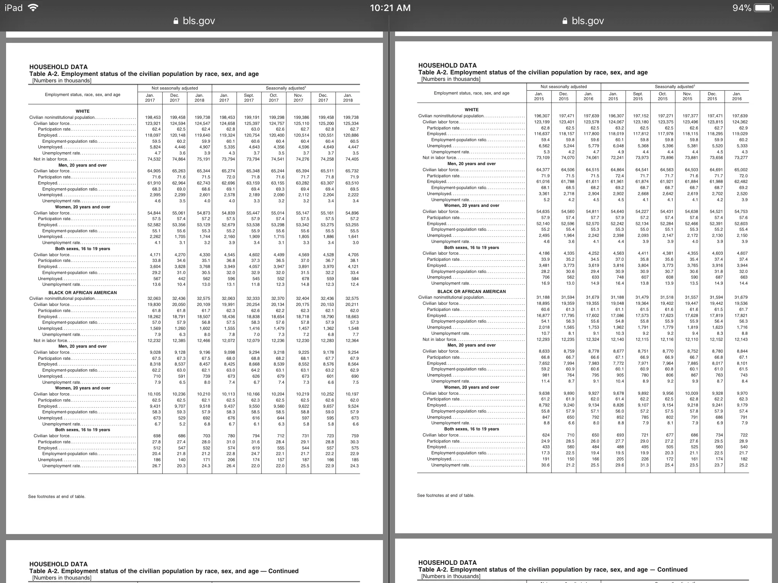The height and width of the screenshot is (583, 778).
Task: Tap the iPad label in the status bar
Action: tap(14, 8)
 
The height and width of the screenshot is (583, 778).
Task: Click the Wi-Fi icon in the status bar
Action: tap(33, 8)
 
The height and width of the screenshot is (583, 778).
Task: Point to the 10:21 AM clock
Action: tap(390, 8)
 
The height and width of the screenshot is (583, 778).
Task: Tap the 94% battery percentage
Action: tap(742, 8)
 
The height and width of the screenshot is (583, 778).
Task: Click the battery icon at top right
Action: tap(762, 8)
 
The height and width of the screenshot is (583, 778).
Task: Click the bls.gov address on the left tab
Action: tap(199, 21)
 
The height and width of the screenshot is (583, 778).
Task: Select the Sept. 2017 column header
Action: tap(249, 98)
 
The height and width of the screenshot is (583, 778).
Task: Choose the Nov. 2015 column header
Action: tap(687, 96)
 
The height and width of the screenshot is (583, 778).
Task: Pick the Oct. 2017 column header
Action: tap(274, 98)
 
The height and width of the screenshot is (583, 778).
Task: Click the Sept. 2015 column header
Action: tap(638, 96)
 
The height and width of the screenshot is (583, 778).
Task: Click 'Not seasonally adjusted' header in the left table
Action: tap(175, 88)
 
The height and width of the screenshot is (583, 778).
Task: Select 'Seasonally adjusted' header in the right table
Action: tap(674, 87)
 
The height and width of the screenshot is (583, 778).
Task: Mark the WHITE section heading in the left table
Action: tap(82, 111)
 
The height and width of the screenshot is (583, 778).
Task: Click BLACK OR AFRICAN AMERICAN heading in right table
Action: tap(471, 291)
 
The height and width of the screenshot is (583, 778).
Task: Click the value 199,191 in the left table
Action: tap(249, 118)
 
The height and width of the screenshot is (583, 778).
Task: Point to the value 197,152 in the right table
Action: tap(638, 116)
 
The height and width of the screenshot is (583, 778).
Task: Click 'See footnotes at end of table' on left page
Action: tap(57, 496)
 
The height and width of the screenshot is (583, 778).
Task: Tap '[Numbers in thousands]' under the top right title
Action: tap(451, 79)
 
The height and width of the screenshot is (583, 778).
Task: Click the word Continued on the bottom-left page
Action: tap(283, 571)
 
